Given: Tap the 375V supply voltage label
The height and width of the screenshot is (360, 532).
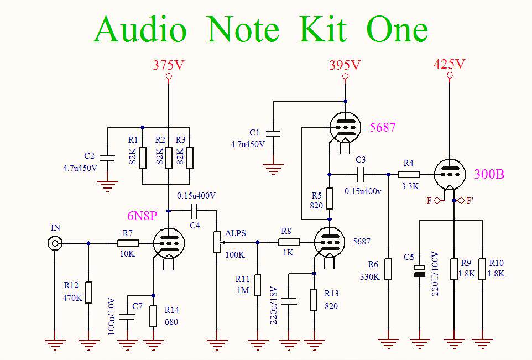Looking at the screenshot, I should coord(169,65).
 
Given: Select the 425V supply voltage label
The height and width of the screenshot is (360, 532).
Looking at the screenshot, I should coord(450,64).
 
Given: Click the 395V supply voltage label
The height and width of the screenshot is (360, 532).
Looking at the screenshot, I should coord(345,65).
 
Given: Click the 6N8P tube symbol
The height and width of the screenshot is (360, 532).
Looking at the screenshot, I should coord(168,242).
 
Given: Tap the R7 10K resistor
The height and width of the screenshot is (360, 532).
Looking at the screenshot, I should coord(128,243).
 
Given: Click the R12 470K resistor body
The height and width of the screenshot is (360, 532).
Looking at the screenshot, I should coord(88,292).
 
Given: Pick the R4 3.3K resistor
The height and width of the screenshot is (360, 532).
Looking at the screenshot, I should coord(409,174).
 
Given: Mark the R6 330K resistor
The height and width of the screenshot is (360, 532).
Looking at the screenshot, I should coord(388,269).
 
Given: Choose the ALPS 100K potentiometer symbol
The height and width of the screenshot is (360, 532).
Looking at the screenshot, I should coord(216,242).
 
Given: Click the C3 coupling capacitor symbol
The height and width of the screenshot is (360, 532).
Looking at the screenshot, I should coord(361,174).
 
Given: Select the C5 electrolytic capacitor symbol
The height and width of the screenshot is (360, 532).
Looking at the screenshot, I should coord(420,271).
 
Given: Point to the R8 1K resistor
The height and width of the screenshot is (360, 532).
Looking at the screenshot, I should coord(288,242).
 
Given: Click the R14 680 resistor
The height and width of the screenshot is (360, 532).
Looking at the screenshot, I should coord(153,316).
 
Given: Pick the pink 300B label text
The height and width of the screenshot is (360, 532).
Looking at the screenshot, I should coord(489,174).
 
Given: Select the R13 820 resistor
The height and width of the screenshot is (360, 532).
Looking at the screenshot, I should coord(314,299).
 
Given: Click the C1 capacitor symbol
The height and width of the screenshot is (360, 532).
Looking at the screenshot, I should coord(273,133).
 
